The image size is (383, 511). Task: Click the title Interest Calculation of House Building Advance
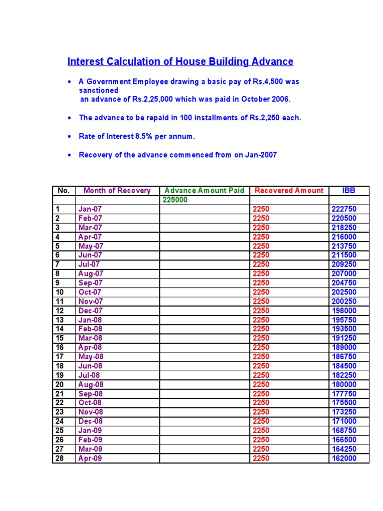coord(180,62)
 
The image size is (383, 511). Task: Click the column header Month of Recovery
coord(117,191)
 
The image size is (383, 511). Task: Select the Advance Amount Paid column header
coord(204,191)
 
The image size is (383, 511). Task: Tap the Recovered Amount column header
coord(289,191)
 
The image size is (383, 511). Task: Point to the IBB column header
coord(349,191)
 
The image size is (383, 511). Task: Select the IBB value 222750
coord(344,209)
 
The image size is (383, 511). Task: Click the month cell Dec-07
coord(90,310)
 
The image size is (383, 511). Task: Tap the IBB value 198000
coord(344,310)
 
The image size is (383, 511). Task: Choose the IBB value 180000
coord(344,384)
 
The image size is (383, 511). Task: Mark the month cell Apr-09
coord(90,458)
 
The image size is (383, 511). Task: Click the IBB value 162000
coord(344,458)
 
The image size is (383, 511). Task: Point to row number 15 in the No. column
coord(60,338)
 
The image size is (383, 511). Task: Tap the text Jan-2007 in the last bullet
coord(259,155)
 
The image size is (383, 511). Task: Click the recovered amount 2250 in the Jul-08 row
coord(261,375)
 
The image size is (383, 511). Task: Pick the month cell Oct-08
coord(90,403)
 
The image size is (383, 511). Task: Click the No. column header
coord(64,191)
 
